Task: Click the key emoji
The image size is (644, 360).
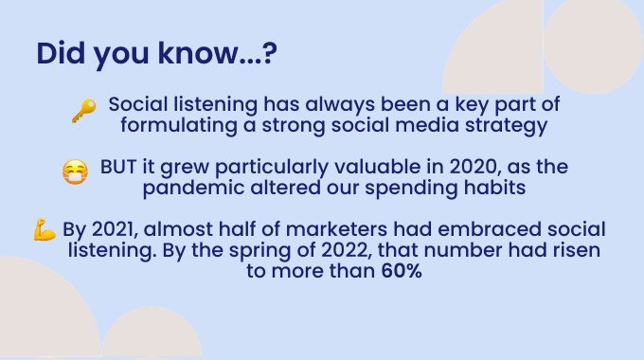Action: tap(84, 111)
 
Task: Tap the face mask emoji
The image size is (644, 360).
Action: tap(75, 172)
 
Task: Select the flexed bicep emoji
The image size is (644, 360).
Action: tap(45, 229)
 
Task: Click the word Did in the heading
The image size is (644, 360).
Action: tap(61, 53)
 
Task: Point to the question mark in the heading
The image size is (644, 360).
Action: tap(269, 53)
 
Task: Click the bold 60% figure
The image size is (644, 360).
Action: tap(402, 271)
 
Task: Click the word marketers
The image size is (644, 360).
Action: tap(336, 229)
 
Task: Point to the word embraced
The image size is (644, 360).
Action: tap(490, 229)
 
